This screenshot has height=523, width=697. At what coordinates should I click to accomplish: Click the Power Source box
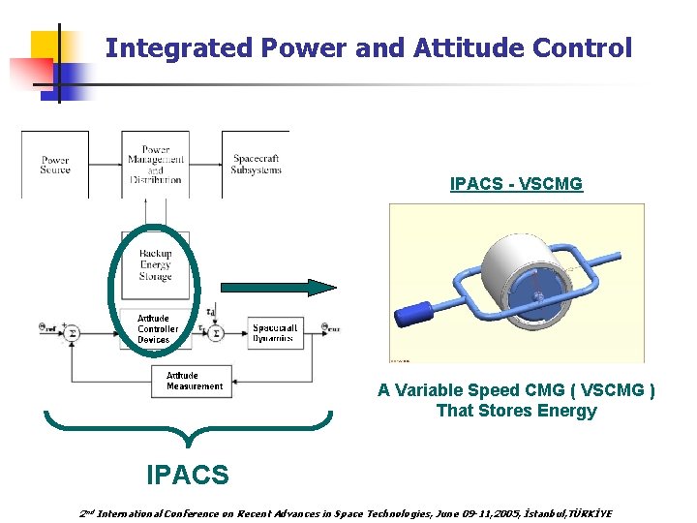point(55,165)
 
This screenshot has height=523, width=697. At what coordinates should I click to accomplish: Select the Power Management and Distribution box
point(155,165)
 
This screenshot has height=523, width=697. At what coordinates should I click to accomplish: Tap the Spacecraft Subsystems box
point(256,165)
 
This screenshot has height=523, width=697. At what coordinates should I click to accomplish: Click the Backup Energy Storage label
point(155,264)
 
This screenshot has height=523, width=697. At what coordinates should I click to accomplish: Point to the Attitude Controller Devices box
point(154,329)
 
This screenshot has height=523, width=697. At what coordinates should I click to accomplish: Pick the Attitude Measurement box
point(194,381)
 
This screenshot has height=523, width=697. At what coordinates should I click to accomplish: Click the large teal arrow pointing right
point(278,287)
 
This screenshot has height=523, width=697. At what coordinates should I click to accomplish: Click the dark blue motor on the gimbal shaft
point(413,316)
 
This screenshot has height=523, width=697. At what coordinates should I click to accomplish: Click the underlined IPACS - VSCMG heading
point(516,183)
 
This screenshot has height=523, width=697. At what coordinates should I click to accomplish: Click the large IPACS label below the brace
point(188,475)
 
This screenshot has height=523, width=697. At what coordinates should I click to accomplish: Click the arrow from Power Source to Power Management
point(105,165)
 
